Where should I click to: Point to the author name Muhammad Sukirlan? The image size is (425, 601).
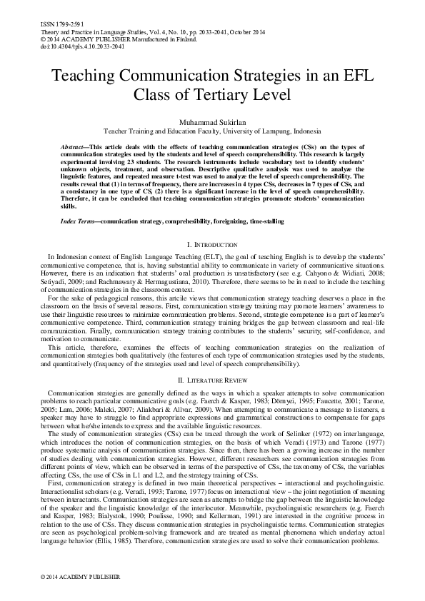[x=212, y=122]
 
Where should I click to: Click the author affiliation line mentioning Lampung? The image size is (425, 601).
[x=212, y=131]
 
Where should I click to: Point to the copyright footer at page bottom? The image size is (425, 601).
[x=70, y=576]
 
